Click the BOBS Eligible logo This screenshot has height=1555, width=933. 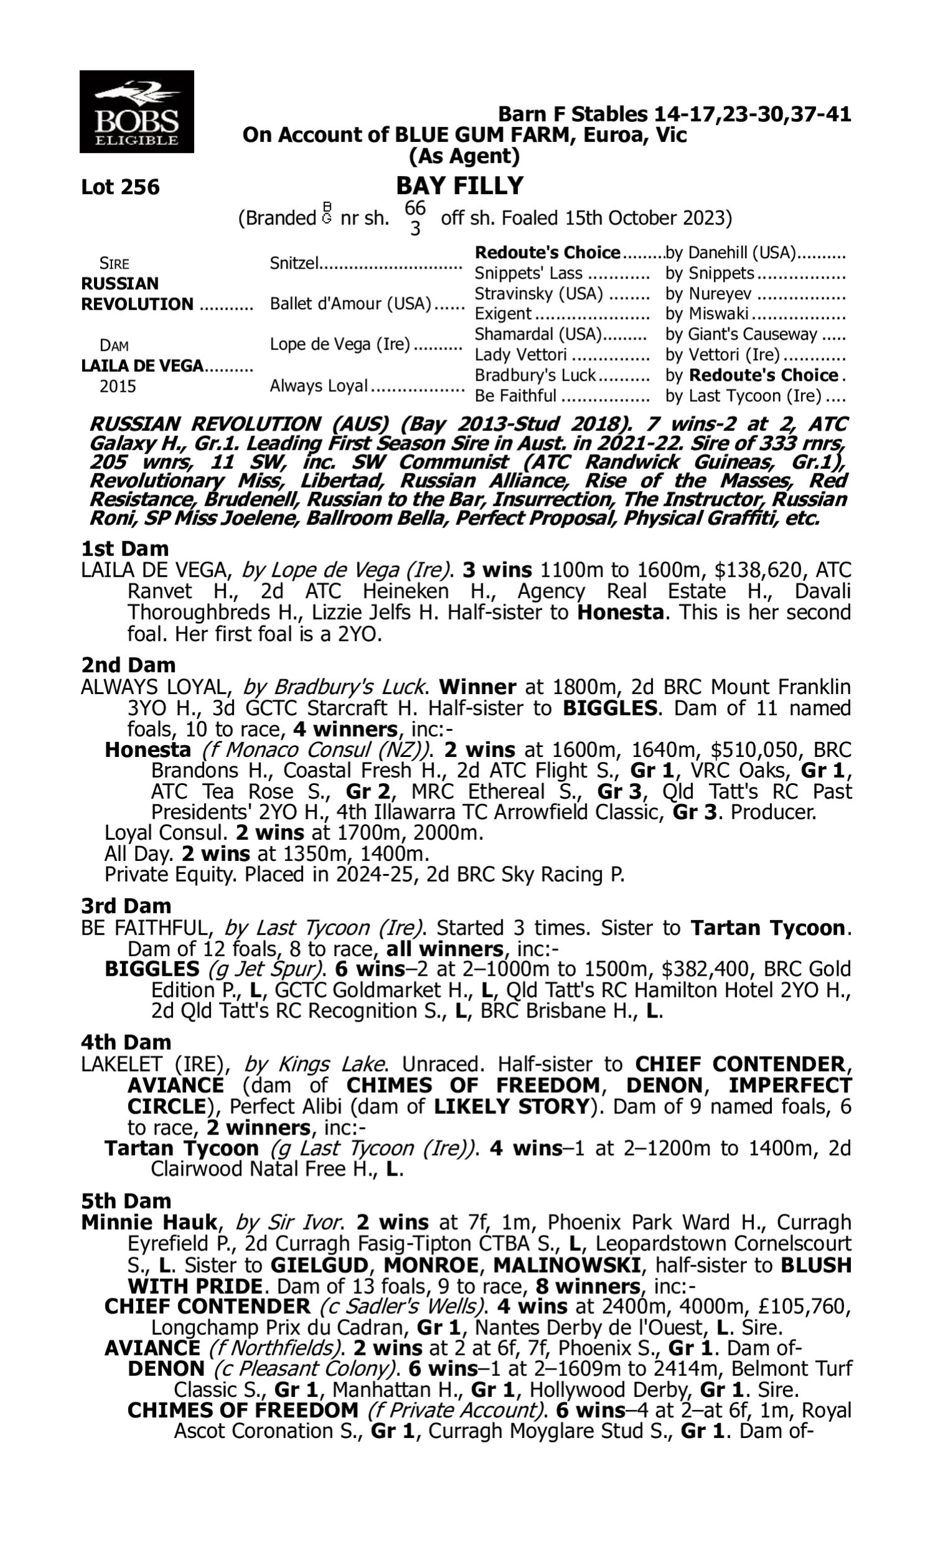click(136, 112)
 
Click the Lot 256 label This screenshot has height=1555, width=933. click(120, 187)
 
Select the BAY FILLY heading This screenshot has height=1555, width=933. click(460, 186)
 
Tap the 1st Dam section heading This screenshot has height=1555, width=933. click(124, 549)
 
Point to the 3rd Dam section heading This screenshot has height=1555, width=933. click(126, 906)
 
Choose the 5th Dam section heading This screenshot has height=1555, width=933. click(126, 1200)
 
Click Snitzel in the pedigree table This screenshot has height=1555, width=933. click(294, 262)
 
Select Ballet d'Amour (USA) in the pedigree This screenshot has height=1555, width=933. click(350, 304)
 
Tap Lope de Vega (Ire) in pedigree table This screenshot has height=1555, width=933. click(340, 345)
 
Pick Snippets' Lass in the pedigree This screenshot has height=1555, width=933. click(528, 274)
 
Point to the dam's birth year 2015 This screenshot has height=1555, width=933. click(118, 386)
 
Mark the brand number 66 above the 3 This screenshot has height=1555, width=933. click(415, 207)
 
